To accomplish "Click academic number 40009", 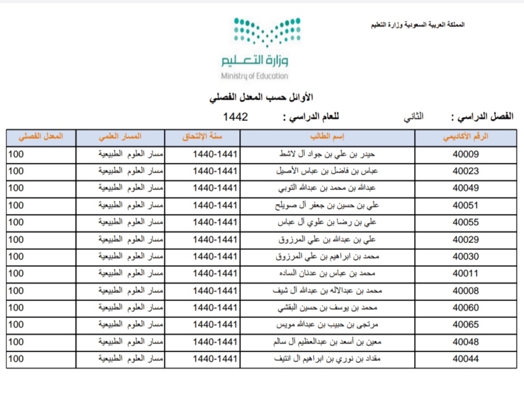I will click(x=465, y=155).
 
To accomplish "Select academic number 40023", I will click(x=465, y=171).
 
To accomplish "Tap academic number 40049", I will click(x=465, y=188).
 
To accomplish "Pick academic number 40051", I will click(x=465, y=205).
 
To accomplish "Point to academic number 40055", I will click(x=465, y=223).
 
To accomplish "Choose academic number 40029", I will click(x=465, y=239).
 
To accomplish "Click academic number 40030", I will click(x=465, y=256).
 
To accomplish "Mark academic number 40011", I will click(x=465, y=274).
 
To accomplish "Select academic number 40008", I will click(x=465, y=291).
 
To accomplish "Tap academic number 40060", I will click(x=465, y=307).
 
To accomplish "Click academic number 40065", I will click(x=465, y=325).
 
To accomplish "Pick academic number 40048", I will click(x=465, y=342).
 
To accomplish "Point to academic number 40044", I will click(x=465, y=359).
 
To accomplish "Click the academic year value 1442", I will click(x=235, y=117).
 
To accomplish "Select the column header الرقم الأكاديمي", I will click(x=466, y=138).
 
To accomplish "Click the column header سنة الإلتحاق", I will click(x=202, y=138).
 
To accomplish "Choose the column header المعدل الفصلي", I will click(x=42, y=138).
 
